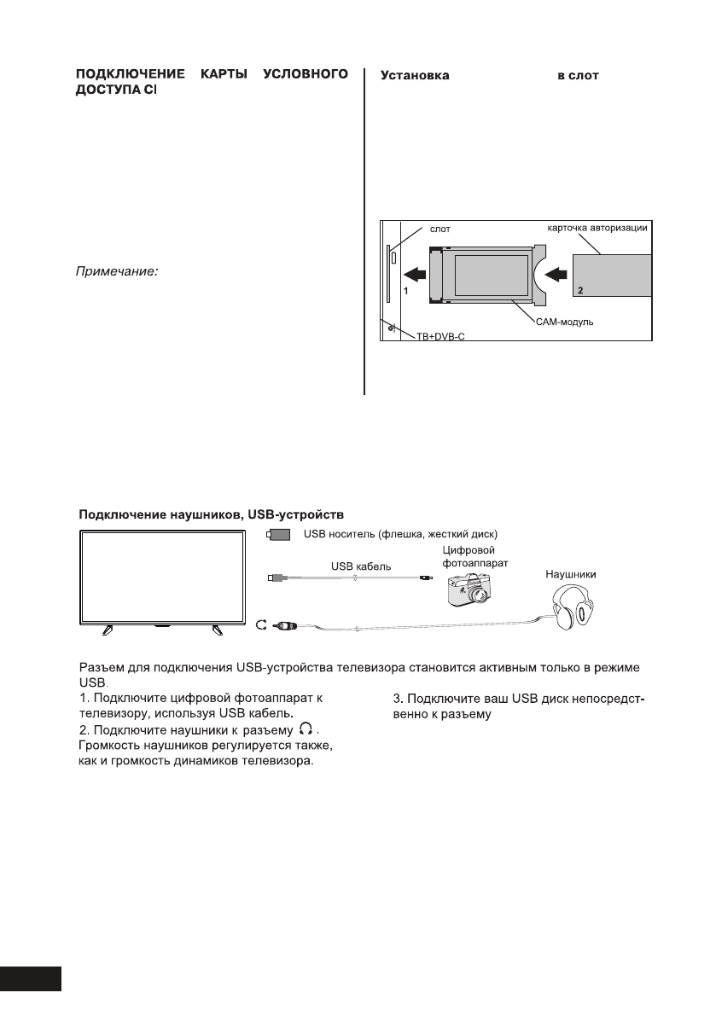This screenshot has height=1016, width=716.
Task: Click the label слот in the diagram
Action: [x=439, y=229]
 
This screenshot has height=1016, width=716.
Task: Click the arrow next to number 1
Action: [x=416, y=275]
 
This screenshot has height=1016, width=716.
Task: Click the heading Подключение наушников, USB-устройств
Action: [x=211, y=515]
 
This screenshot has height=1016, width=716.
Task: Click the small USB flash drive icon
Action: [x=279, y=535]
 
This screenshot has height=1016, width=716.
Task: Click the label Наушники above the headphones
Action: [x=570, y=575]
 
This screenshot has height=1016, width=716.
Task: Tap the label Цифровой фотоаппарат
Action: [x=469, y=558]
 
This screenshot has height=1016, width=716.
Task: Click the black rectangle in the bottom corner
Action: [x=32, y=978]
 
